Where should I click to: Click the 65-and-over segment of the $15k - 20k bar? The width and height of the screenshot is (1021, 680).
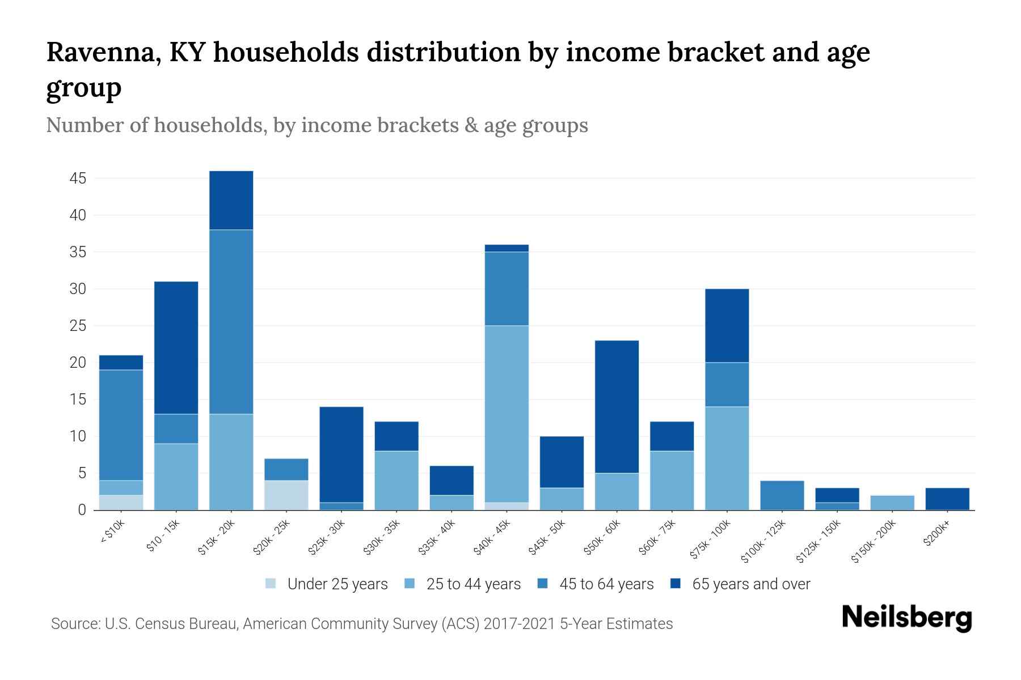click(231, 200)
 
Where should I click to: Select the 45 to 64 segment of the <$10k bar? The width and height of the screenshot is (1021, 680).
click(121, 425)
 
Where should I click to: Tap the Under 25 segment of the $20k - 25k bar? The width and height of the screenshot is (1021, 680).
click(286, 495)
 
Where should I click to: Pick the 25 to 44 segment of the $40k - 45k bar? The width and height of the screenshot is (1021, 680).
click(507, 414)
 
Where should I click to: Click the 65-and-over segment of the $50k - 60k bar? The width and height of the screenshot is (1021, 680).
click(617, 406)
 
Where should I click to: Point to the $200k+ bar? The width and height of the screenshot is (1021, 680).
click(947, 499)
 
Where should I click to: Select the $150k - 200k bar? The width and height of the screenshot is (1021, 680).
click(892, 503)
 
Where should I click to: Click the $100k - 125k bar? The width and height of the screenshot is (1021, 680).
click(782, 495)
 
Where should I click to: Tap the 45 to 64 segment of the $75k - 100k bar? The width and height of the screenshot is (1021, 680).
click(727, 384)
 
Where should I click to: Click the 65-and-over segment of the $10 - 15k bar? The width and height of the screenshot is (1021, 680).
click(176, 347)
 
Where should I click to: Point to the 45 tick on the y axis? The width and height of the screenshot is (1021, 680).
click(78, 178)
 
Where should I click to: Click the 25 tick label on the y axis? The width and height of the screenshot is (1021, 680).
click(78, 326)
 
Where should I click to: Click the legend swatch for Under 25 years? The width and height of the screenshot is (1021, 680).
click(271, 584)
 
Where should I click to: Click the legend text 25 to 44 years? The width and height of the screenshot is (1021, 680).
click(473, 584)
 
